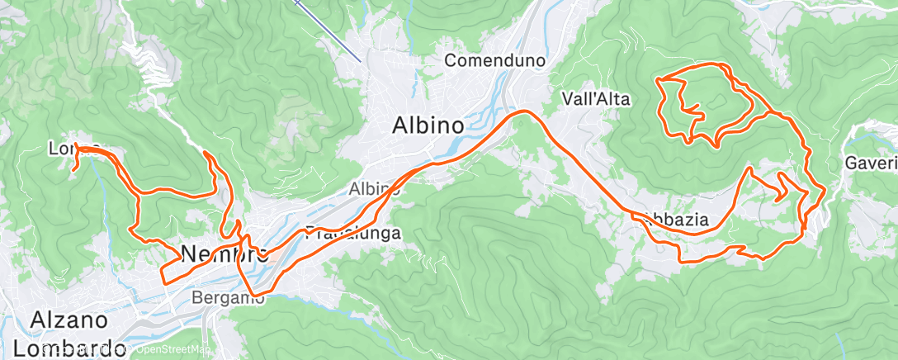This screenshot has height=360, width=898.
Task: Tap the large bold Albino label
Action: pyautogui.click(x=427, y=125)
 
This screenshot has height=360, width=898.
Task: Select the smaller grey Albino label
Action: pyautogui.click(x=374, y=189)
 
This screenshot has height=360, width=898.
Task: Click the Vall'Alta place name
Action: pyautogui.click(x=595, y=99)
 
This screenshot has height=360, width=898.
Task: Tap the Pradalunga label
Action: pyautogui.click(x=353, y=233)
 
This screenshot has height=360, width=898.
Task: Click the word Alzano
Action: pyautogui.click(x=69, y=320)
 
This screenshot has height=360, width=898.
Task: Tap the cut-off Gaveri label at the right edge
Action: pyautogui.click(x=871, y=163)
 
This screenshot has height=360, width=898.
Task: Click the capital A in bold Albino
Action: pyautogui.click(x=399, y=125)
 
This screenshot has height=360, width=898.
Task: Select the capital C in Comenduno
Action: pyautogui.click(x=451, y=60)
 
